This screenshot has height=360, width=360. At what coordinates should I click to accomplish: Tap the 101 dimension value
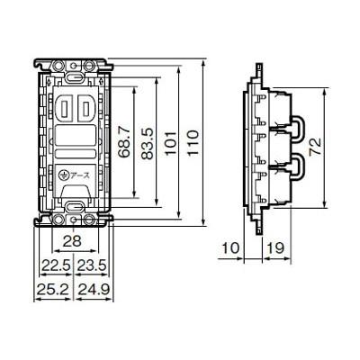(x=171, y=143)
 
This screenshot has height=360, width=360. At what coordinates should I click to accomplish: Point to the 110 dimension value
(x=193, y=143)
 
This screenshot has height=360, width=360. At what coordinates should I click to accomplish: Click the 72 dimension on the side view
(x=315, y=147)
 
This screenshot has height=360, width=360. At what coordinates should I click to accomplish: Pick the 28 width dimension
(x=73, y=240)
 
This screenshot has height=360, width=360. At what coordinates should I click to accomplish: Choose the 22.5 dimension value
(x=56, y=265)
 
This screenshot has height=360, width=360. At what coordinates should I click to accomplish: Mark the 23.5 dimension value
(x=92, y=265)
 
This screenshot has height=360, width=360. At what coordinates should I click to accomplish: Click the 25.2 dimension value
(x=53, y=290)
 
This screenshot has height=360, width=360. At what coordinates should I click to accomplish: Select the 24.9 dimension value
(x=94, y=290)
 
